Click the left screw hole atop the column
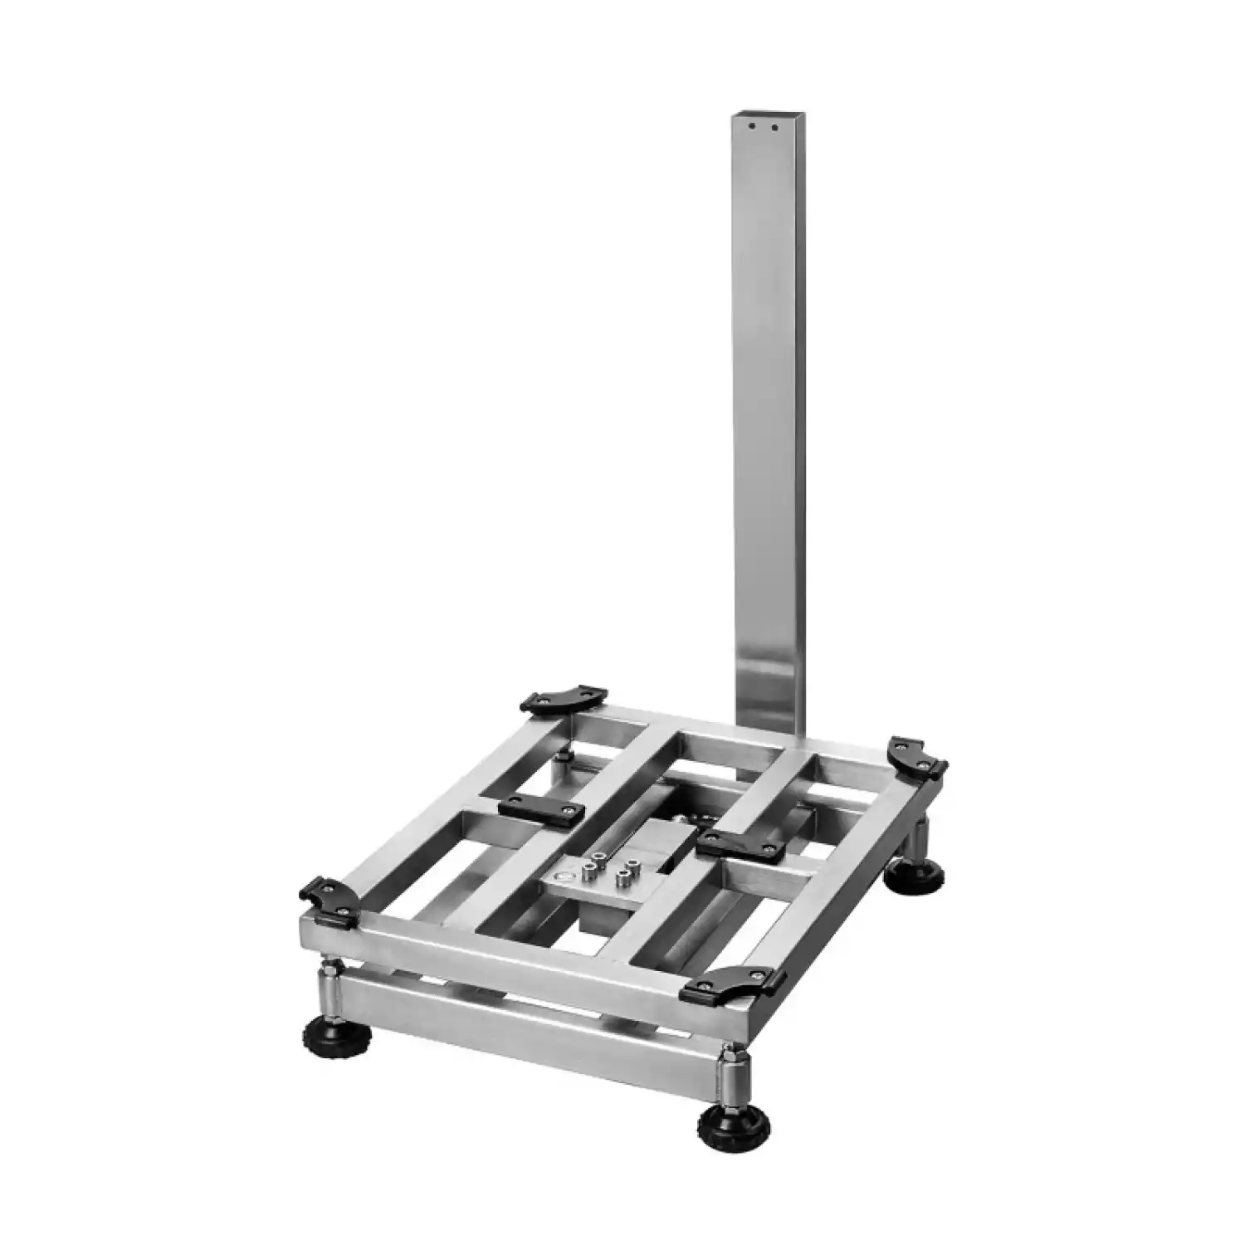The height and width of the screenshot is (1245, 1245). [751, 127]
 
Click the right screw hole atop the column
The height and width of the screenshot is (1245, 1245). [775, 128]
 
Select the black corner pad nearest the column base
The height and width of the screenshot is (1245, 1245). [918, 756]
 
